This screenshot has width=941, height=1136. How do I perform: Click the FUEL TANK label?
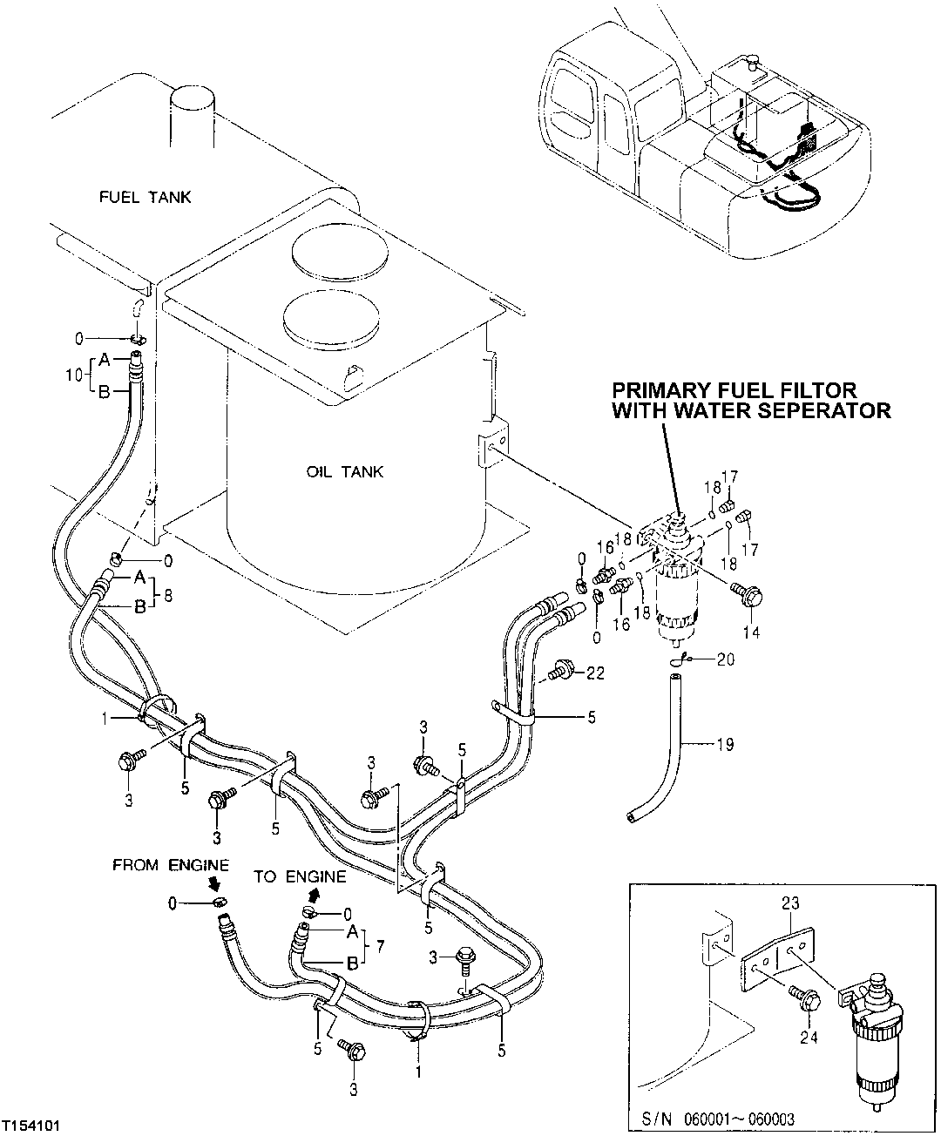click(146, 197)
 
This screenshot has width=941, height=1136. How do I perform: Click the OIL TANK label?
click(345, 472)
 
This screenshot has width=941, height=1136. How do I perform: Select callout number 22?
click(595, 672)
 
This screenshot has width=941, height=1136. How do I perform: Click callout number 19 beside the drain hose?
click(724, 744)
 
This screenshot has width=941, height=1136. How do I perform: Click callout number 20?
click(725, 659)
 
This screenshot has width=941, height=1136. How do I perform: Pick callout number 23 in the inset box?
click(792, 905)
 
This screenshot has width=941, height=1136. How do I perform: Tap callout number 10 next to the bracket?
click(74, 375)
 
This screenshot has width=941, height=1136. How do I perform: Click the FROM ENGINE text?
click(170, 865)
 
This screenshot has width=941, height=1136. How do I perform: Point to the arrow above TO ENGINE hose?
click(313, 895)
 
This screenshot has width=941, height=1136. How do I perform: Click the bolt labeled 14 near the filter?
click(747, 594)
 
